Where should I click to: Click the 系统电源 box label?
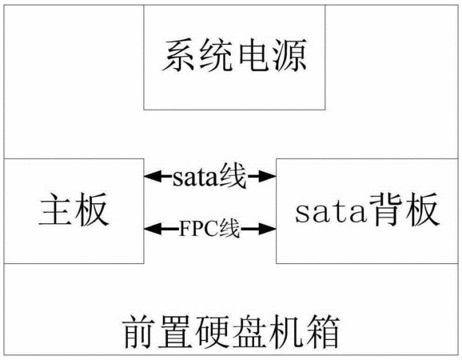point(234,56)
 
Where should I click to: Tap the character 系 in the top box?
point(179,56)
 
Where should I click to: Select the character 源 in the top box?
point(290,56)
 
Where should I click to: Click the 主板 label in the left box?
point(74,210)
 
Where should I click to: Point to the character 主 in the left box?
point(56,210)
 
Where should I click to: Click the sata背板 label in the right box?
point(368,210)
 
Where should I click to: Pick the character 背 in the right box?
point(386,210)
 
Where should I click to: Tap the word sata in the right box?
point(331,212)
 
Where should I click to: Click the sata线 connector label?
point(209,177)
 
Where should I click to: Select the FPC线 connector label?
point(209,229)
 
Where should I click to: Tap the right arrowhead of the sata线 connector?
point(267,176)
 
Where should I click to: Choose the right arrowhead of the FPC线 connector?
point(267,229)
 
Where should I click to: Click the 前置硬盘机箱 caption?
point(232,331)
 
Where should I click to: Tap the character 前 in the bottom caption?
point(141,331)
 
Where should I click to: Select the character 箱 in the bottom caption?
point(323,331)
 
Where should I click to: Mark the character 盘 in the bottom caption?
point(250,331)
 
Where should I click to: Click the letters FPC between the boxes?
point(199,229)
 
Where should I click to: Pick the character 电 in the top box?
point(253,56)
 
